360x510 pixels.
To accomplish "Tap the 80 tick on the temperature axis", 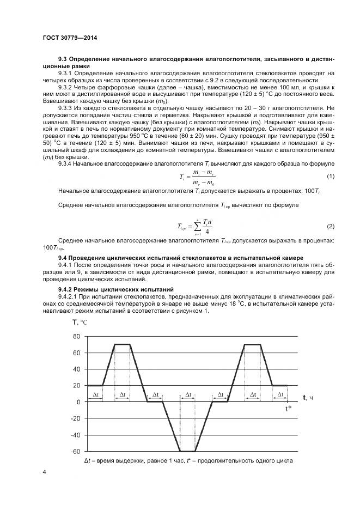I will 76,336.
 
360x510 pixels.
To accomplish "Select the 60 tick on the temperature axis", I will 76,353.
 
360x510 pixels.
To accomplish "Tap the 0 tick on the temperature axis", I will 78,402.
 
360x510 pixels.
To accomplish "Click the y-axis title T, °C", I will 80,323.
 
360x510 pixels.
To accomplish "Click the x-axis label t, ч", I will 308,399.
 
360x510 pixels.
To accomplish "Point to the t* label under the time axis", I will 290,409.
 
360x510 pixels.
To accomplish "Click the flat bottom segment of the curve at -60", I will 188,451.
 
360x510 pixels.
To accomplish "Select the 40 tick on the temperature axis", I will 76,369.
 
